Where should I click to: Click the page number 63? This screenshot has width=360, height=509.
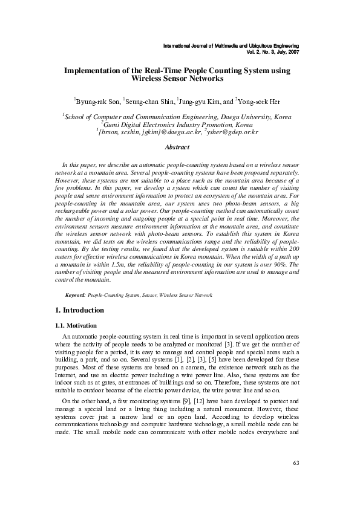point(295,480)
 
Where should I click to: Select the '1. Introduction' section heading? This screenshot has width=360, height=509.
point(79,310)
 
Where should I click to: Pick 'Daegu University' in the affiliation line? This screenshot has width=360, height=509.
point(233,117)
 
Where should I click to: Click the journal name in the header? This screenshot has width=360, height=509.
point(232,46)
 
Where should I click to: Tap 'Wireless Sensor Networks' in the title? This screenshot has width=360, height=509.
point(177,79)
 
